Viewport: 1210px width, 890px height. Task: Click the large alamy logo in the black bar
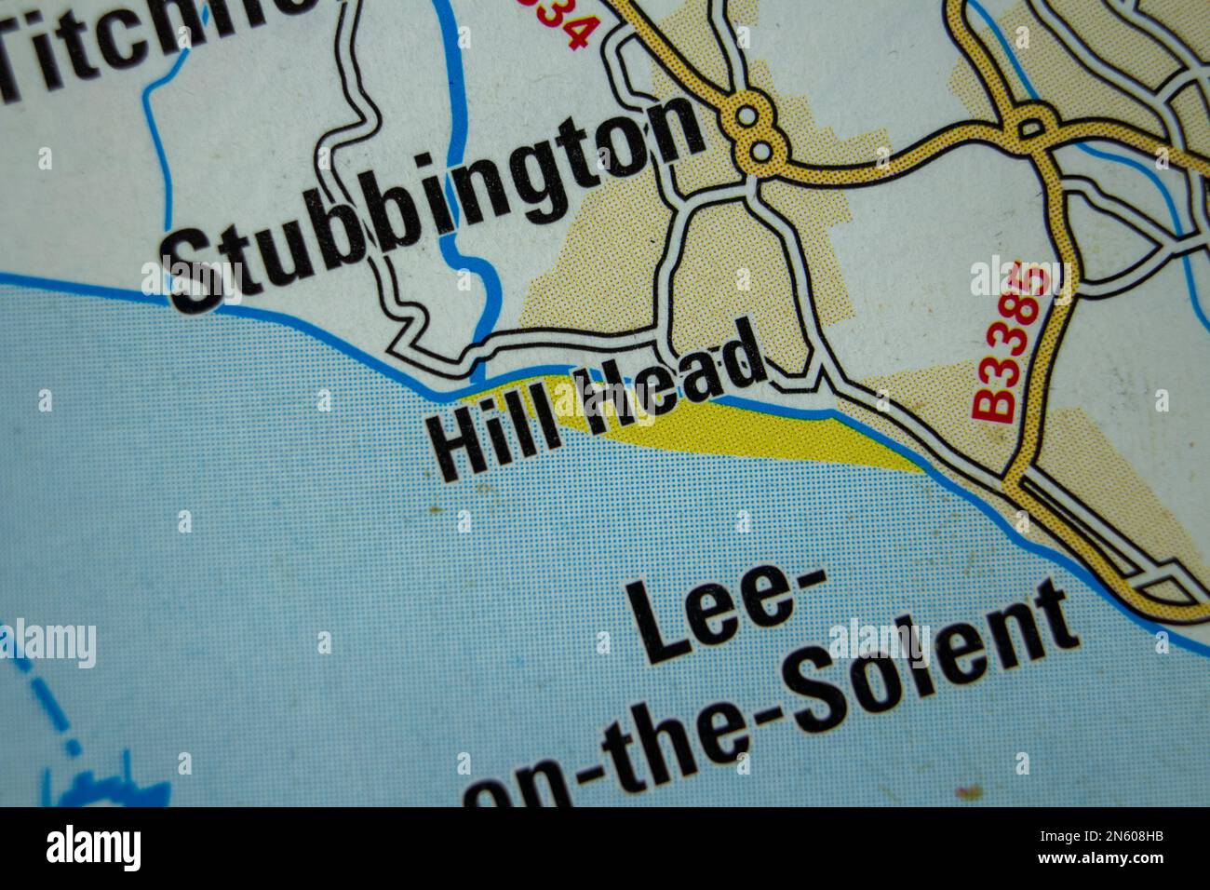click(x=94, y=848)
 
